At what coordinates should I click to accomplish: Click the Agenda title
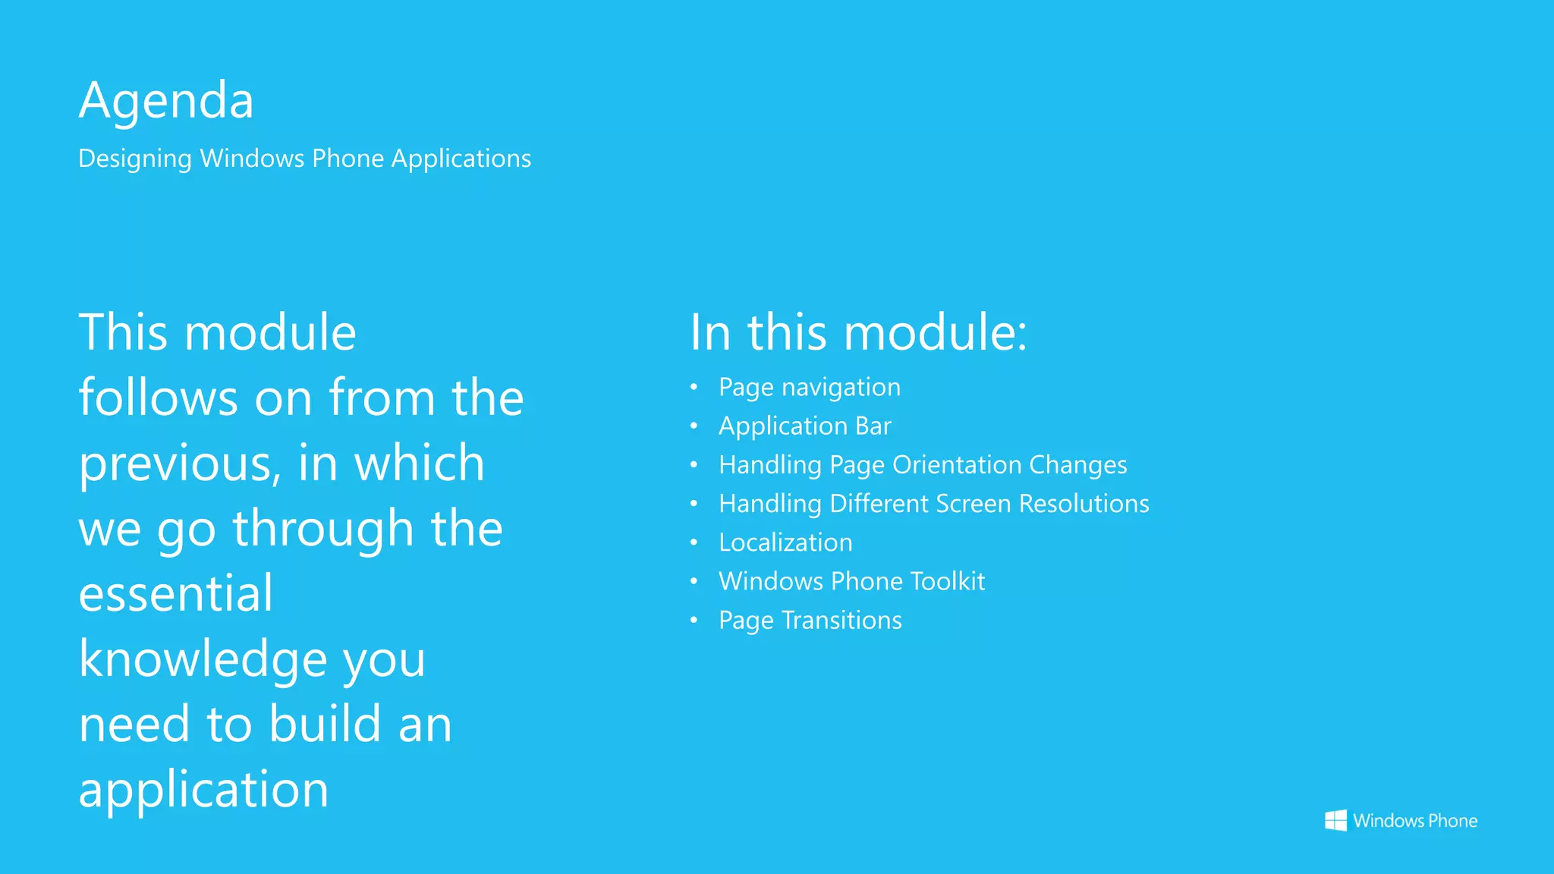(166, 100)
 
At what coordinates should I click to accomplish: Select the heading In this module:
(858, 332)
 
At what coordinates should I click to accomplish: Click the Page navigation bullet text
(810, 388)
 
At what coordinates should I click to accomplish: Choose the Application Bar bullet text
(805, 426)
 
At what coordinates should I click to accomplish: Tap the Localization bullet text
(785, 542)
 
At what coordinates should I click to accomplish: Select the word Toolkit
(947, 581)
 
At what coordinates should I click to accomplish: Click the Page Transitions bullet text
(810, 621)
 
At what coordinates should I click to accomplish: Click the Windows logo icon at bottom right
(1335, 820)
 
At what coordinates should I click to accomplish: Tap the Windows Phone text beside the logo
(1415, 821)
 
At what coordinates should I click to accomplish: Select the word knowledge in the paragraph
(203, 659)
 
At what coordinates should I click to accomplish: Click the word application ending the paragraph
(203, 790)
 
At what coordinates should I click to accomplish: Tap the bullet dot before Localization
(694, 542)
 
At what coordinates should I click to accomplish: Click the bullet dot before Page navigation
(694, 387)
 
